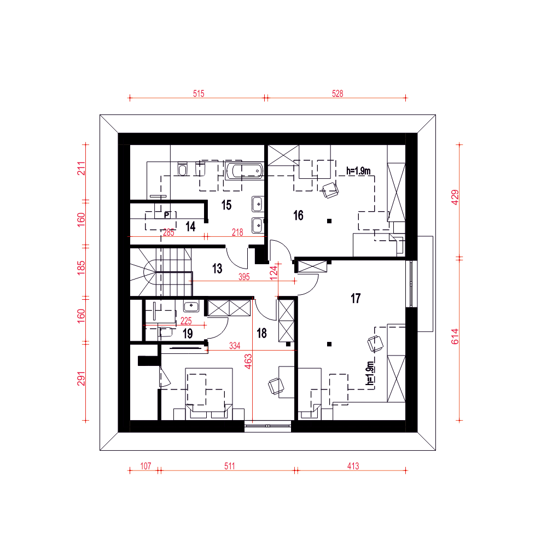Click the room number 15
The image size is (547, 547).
226,205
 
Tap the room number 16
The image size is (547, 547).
298,216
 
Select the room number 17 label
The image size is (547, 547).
356,299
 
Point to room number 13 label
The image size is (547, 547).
217,269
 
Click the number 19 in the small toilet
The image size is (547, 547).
188,334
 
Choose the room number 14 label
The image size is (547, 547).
190,227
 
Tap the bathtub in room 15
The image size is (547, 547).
244,171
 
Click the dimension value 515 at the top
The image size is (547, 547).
199,94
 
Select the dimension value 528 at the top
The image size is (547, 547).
337,94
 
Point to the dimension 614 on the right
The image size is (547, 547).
455,336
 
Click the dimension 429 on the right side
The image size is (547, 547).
455,197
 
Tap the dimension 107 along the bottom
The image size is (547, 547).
146,466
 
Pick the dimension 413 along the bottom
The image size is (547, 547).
353,466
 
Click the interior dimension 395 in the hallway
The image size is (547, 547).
244,277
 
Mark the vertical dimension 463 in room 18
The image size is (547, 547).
248,362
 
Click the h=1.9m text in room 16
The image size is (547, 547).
358,171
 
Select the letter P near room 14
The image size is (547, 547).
167,215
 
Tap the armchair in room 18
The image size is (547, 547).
276,386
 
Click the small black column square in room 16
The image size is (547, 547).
329,221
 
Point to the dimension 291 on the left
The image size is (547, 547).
81,379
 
